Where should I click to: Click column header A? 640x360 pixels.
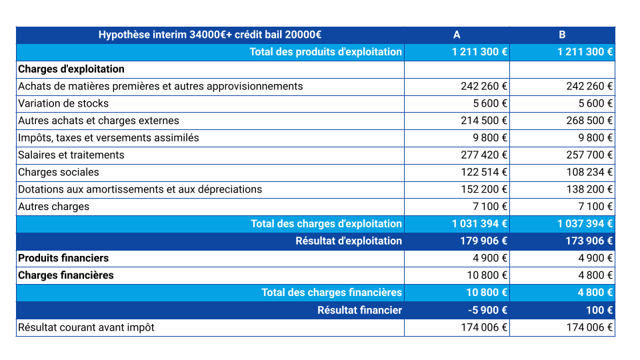point(457,35)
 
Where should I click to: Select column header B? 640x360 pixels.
point(562,35)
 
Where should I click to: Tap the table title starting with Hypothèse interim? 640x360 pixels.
point(210,35)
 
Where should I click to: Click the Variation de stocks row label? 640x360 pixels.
point(63,103)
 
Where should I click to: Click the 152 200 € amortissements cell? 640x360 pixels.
point(484,189)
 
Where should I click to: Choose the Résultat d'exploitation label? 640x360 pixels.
point(349,241)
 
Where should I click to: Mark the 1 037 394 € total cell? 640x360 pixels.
point(585,224)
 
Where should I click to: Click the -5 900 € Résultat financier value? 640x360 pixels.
point(487,310)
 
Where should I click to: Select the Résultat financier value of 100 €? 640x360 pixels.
point(600,310)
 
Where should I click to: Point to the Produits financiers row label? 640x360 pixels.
point(63,258)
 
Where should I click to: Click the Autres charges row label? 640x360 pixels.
point(53,207)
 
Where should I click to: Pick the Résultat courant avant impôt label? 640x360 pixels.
point(86,327)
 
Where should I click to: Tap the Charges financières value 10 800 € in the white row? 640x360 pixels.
point(487,275)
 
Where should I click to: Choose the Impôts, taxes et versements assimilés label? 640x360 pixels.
point(108,138)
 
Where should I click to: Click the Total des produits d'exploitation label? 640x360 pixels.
point(325,52)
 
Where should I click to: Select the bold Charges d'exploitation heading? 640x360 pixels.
point(71,69)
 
